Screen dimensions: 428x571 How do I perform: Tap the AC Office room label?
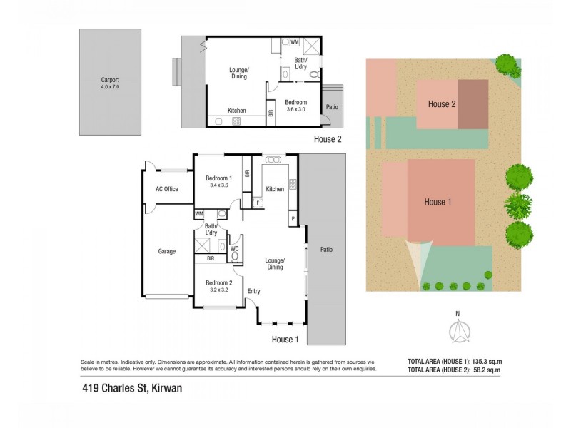(x=166, y=189)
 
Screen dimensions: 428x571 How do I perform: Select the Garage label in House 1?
(x=167, y=251)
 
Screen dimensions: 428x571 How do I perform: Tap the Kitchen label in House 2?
(x=237, y=111)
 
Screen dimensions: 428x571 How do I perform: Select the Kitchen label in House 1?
(x=275, y=189)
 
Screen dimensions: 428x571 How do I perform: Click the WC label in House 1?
(x=234, y=248)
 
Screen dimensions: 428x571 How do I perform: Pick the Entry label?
(x=253, y=291)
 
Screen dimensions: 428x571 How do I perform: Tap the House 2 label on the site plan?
(x=442, y=104)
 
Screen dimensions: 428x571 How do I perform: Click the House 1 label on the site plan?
(x=438, y=202)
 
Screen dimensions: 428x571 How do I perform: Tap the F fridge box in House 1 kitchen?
(x=258, y=203)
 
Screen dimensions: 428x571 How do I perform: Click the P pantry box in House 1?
(x=293, y=217)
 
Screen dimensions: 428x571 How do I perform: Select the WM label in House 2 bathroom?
(x=294, y=42)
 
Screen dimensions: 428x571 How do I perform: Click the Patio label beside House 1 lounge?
(x=326, y=250)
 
